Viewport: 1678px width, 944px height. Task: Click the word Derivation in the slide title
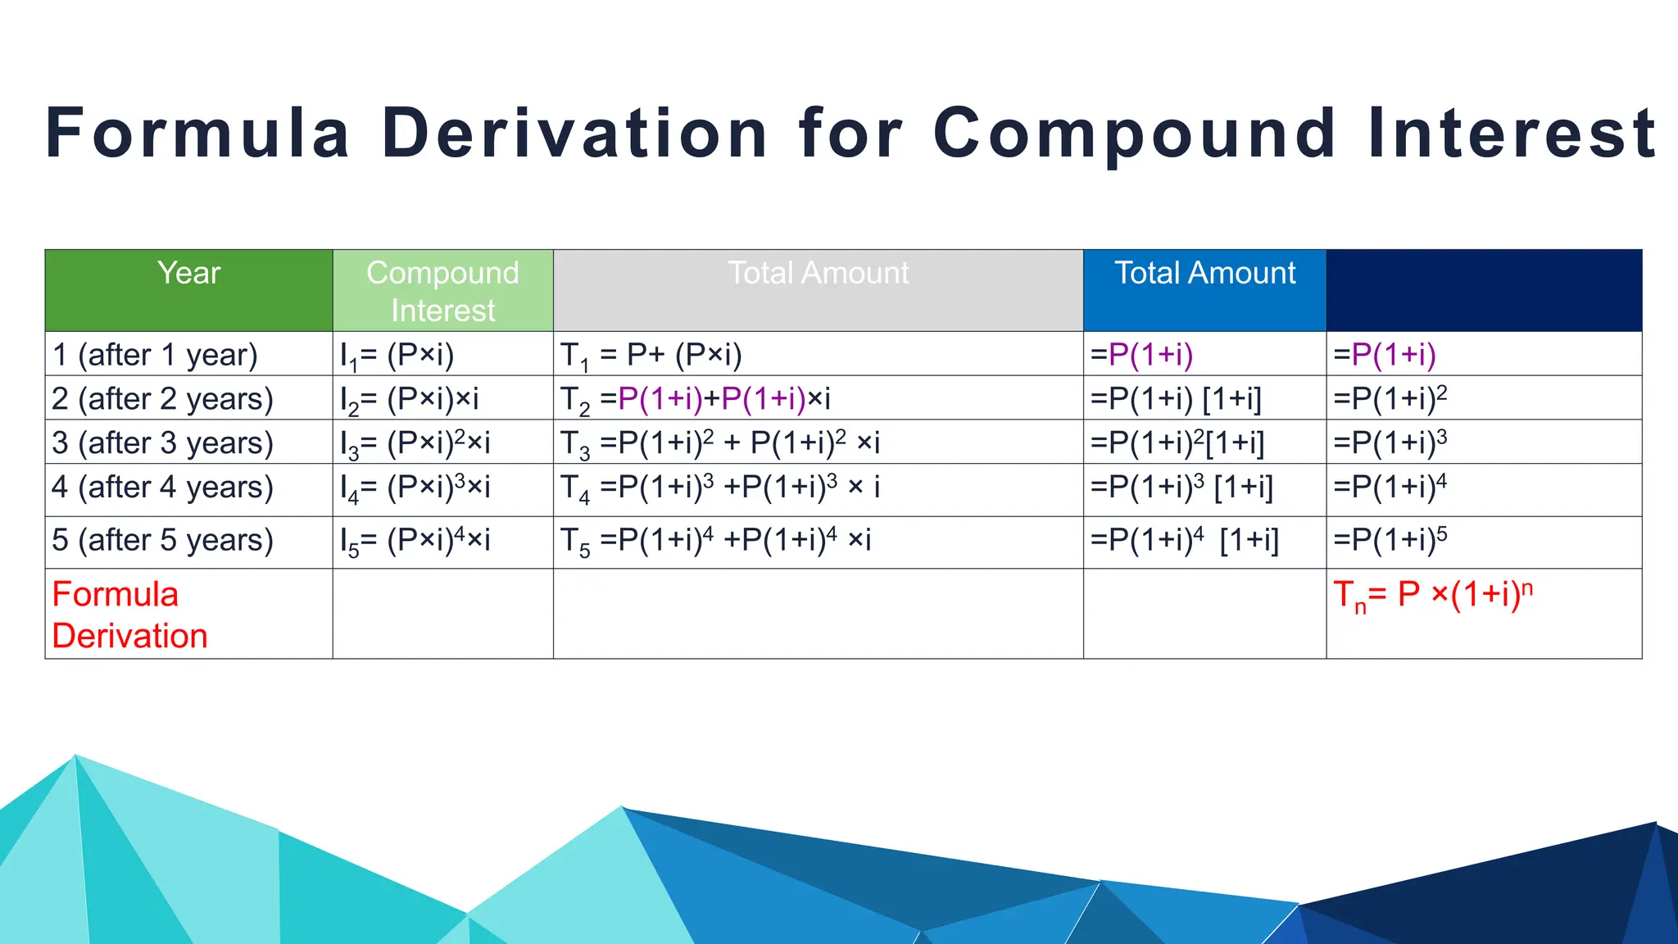tap(574, 134)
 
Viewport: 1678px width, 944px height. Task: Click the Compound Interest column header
tap(442, 291)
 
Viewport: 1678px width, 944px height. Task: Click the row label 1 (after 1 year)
tap(155, 355)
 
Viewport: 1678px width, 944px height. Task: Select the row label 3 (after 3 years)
tap(162, 443)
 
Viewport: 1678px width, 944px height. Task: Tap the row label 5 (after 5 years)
tap(162, 540)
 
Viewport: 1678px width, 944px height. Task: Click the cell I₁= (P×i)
tap(397, 355)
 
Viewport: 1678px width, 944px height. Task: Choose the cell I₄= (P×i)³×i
tap(415, 488)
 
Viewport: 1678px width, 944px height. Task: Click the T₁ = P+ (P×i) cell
tap(651, 355)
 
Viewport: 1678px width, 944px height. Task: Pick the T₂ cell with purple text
tap(695, 399)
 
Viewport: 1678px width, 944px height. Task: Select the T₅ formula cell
tap(715, 540)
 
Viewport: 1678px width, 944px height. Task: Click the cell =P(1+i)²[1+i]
tap(1177, 443)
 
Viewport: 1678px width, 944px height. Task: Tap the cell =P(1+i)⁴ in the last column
tap(1390, 488)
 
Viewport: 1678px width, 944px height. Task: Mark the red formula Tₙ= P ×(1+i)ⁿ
tap(1432, 595)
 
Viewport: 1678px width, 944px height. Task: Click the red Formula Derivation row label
tap(129, 615)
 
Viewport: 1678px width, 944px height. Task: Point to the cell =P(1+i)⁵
tap(1390, 540)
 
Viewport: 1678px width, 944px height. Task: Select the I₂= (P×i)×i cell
tap(409, 399)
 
